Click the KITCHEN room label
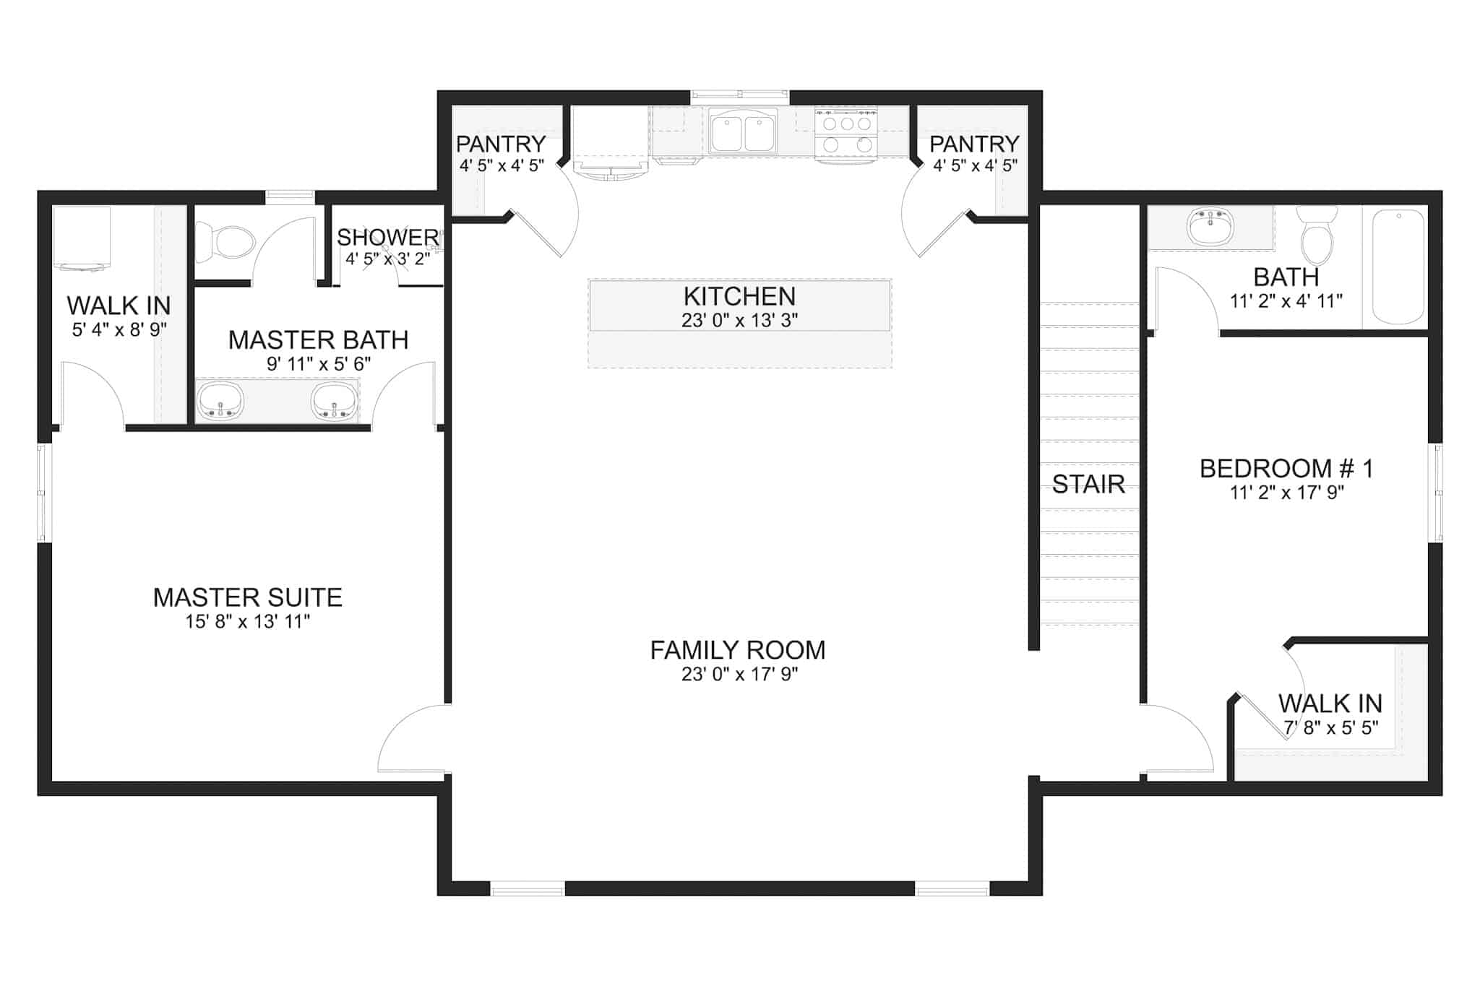tap(739, 296)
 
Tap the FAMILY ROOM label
tap(738, 650)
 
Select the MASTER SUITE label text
tap(247, 597)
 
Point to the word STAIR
tap(1088, 484)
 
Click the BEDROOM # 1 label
tap(1286, 469)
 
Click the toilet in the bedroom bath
tap(1317, 235)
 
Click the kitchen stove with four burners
tap(846, 133)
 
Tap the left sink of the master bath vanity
tap(220, 401)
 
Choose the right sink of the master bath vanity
tap(335, 401)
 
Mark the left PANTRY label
tap(500, 144)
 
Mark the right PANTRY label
tap(974, 144)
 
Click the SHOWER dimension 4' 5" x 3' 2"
tap(387, 259)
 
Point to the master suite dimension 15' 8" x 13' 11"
tap(247, 621)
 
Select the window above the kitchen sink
tap(739, 94)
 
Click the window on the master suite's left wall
tap(42, 493)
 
